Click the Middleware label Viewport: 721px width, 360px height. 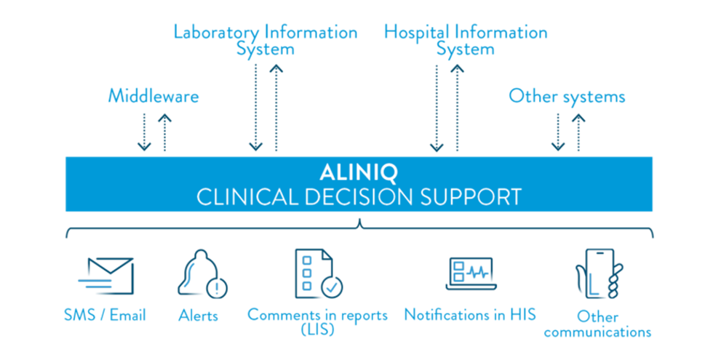[153, 95]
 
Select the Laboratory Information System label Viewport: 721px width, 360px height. [265, 40]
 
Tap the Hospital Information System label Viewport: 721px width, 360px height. [465, 40]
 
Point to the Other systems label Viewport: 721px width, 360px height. [567, 95]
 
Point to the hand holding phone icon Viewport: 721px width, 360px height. [598, 273]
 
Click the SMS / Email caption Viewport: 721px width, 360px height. [105, 315]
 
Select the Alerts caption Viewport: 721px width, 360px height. [198, 315]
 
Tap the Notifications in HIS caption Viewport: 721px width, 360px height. [470, 315]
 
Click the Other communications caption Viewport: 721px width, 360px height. [597, 324]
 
